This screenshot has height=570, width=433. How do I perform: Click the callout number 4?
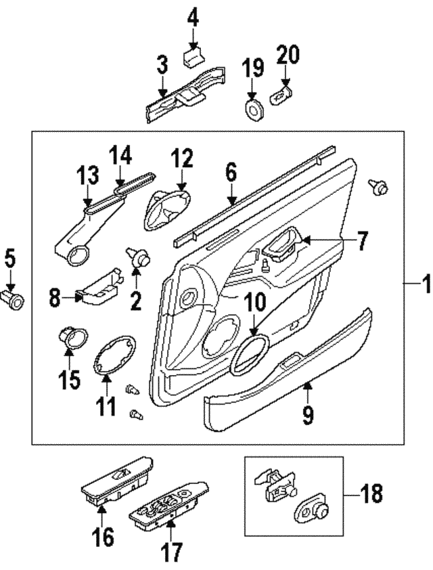coord(193,17)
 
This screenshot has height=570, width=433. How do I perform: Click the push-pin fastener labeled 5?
coord(13,298)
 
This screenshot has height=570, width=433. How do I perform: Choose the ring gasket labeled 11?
coord(111,354)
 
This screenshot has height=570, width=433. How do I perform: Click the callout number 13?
coord(89,178)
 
